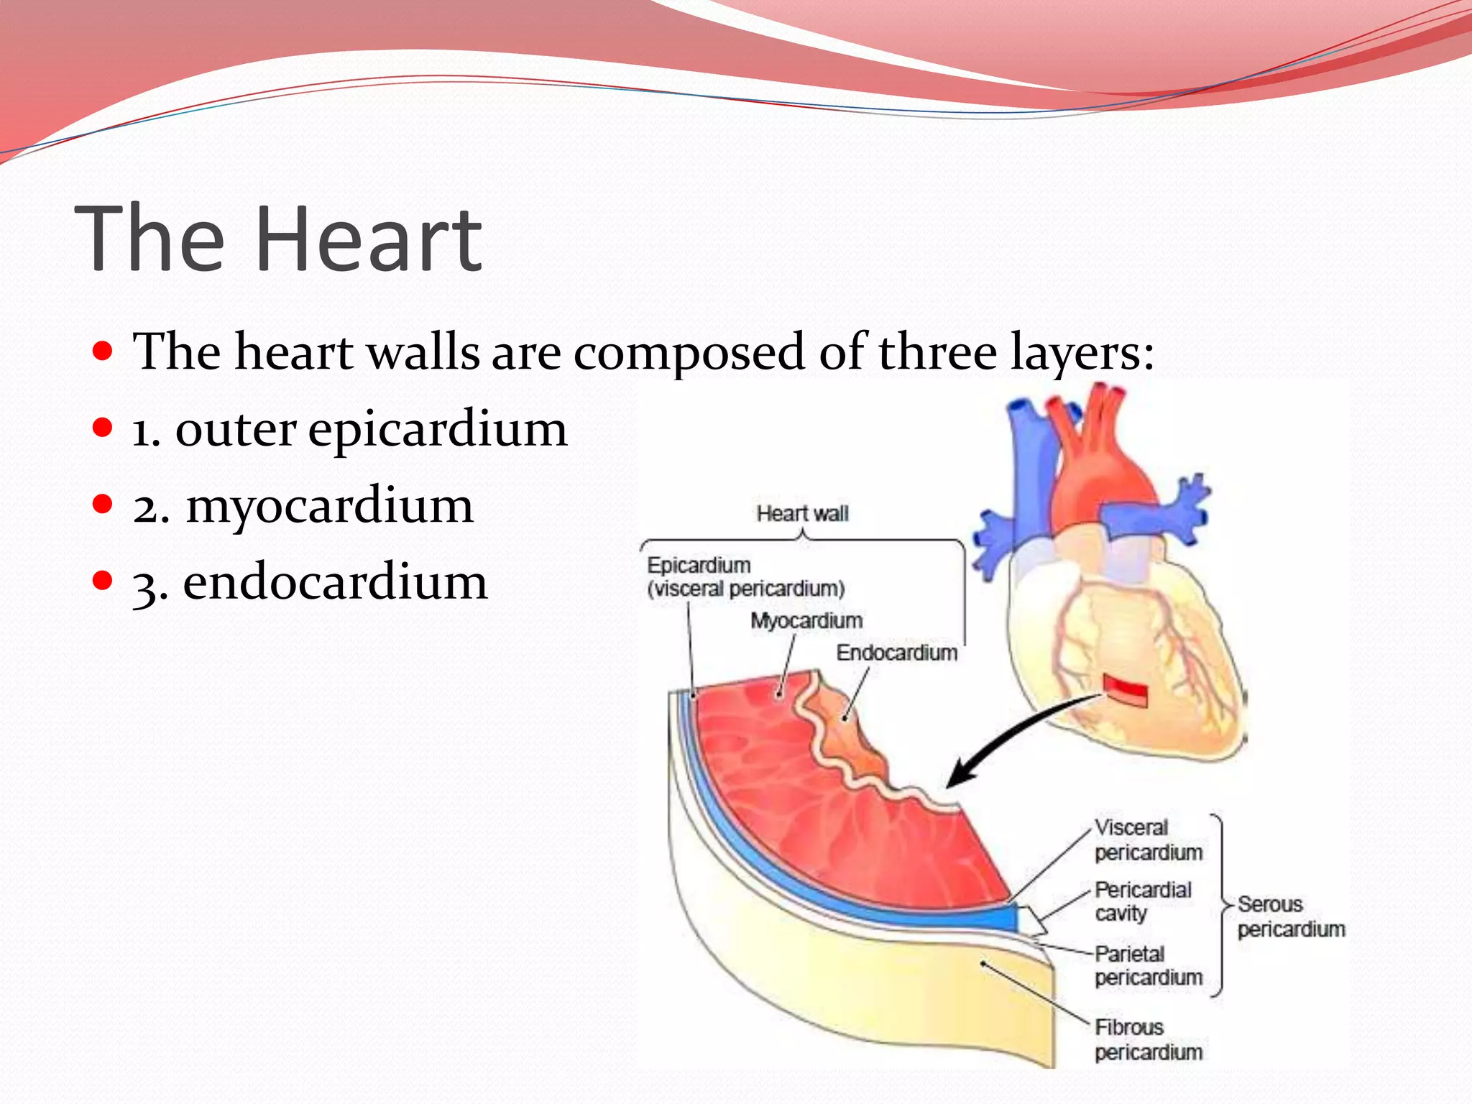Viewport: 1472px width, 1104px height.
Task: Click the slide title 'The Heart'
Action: [278, 239]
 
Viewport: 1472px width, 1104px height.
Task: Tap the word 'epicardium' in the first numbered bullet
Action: [438, 429]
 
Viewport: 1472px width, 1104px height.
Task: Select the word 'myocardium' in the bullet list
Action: [330, 505]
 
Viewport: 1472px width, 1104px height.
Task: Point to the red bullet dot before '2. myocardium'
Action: [103, 504]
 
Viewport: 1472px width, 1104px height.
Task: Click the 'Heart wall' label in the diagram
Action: [802, 514]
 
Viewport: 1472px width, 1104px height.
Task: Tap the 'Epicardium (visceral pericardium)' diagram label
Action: [745, 577]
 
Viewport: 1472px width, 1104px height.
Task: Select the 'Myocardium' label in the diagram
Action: [806, 620]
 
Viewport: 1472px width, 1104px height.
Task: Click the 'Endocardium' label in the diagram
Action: [897, 653]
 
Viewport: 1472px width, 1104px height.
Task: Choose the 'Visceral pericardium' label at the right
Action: [1148, 840]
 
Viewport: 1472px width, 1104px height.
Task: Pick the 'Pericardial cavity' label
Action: [1142, 901]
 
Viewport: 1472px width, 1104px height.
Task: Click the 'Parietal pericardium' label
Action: [1148, 966]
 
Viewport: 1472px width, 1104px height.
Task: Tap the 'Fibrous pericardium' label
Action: [1148, 1040]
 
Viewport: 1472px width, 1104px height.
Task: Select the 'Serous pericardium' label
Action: [1290, 916]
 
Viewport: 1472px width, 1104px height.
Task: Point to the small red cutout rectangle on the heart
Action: [1126, 691]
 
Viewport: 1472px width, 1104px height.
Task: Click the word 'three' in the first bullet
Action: [937, 352]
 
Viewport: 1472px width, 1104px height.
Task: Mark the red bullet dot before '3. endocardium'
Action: [103, 580]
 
